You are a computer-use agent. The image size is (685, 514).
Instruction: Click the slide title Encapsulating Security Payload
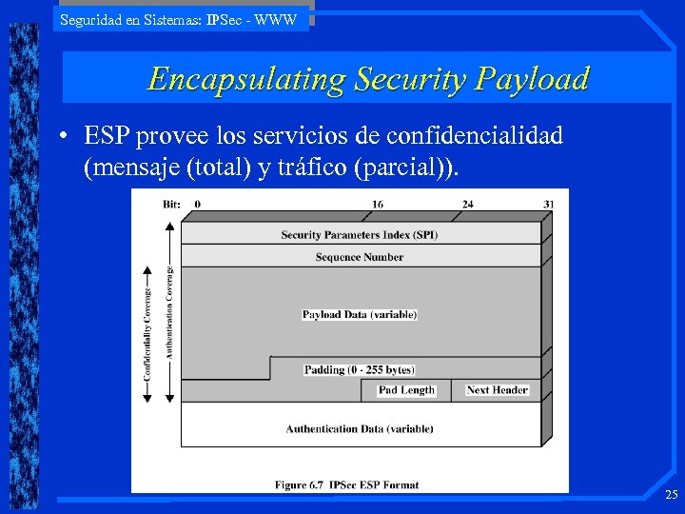coord(368,78)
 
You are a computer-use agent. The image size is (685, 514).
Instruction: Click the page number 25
coord(671,495)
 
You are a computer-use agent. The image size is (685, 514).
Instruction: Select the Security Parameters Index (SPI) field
coord(360,235)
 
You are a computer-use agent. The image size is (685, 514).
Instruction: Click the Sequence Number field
coord(360,257)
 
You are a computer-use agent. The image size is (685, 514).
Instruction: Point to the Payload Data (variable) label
coord(360,314)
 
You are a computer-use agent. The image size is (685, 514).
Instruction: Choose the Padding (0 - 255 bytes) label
coord(360,369)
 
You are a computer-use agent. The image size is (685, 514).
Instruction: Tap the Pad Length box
coord(406,390)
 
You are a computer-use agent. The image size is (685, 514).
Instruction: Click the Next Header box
coord(497,390)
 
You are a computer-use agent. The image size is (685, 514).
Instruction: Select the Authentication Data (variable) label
coord(360,429)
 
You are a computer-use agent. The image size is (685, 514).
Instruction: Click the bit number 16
coord(378,204)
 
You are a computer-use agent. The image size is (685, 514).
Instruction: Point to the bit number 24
coord(467,204)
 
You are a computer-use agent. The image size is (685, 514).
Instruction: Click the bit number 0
coord(197,204)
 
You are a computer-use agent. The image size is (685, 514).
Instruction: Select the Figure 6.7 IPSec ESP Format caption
coord(347,484)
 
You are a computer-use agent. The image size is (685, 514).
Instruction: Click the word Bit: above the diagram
coord(171,204)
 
